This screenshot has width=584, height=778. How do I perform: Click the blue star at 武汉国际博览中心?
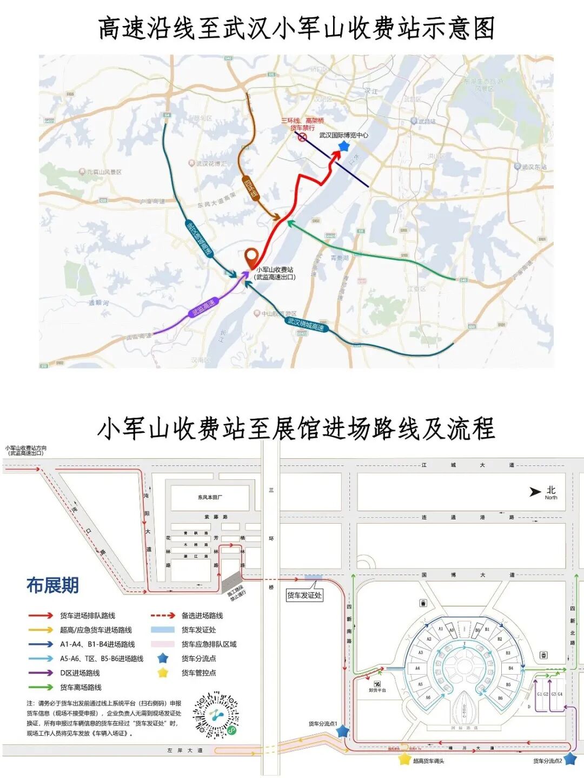coord(344,146)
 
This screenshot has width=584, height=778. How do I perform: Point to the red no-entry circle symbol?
coord(302,137)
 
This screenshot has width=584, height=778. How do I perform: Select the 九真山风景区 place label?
coord(104,172)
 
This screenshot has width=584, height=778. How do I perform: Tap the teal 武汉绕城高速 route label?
coord(306,324)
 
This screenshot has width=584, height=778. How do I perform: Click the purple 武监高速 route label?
coord(203,308)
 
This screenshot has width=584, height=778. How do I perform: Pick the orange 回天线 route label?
coord(251,188)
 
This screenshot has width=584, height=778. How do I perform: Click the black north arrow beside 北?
coord(535,492)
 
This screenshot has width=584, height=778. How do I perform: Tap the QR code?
coord(216,715)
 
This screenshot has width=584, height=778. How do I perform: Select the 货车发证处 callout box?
coord(304,595)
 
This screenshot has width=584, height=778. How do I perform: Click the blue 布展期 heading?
coord(52,585)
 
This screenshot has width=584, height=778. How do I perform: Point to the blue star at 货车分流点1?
coord(343,731)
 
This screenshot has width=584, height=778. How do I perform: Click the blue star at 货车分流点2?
coord(570,759)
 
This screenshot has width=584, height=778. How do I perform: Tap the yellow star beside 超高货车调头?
coord(404,759)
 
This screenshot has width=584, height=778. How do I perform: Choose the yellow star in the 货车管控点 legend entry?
coord(163,673)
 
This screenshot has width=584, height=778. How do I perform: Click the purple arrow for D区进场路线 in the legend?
coord(41,673)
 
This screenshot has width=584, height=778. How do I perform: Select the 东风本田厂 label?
coord(210,497)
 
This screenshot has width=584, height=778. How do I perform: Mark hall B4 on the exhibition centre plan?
coord(510,668)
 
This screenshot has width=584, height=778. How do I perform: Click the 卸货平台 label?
coord(377,690)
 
